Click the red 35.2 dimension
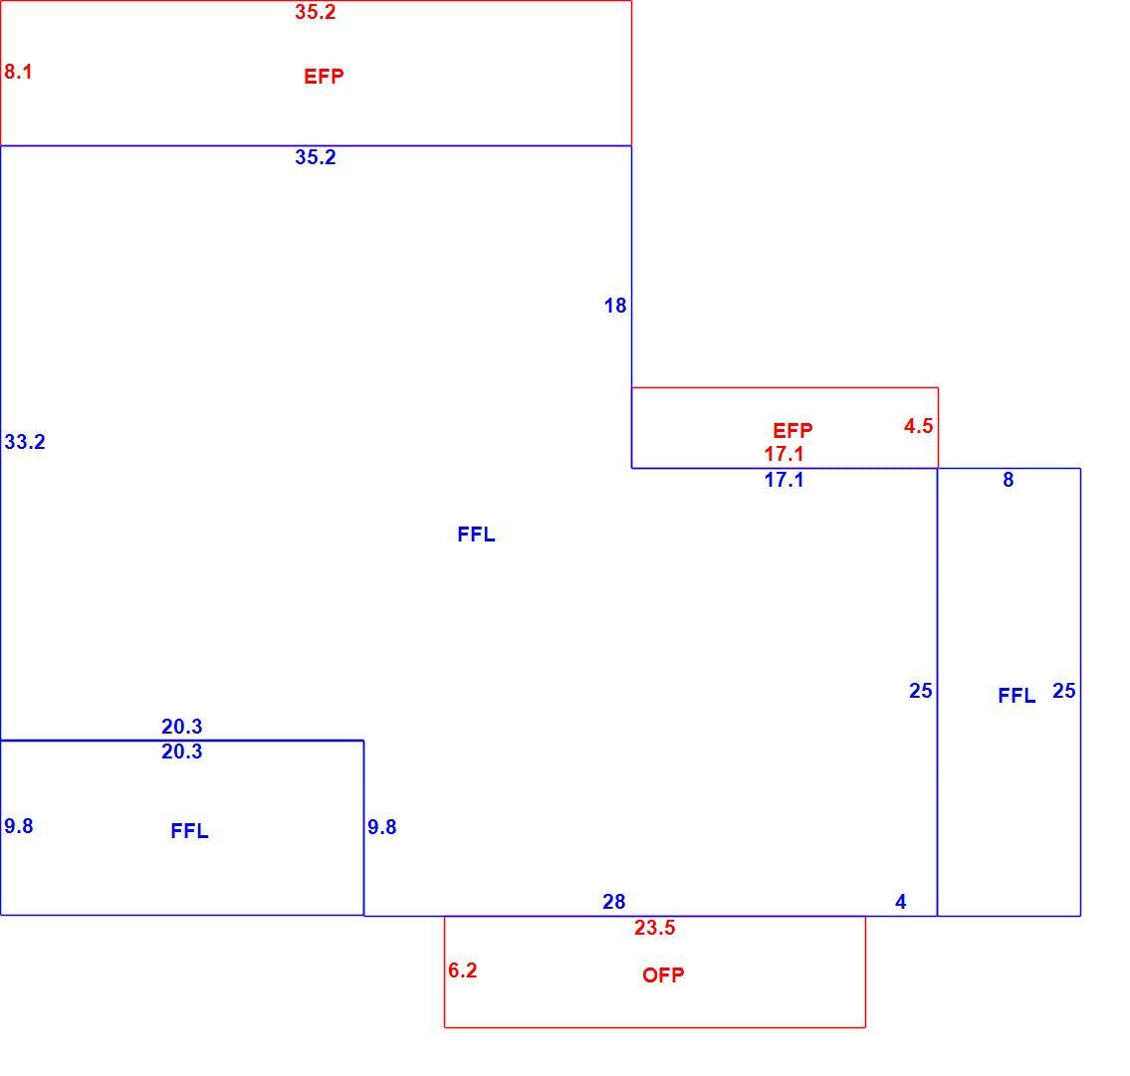[x=315, y=12]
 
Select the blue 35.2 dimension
[x=315, y=157]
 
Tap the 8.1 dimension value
[x=18, y=72]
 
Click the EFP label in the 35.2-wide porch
[x=324, y=77]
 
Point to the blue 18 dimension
[x=614, y=306]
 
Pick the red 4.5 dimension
[x=918, y=426]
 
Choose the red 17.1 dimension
[x=784, y=454]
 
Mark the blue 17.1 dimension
[x=784, y=480]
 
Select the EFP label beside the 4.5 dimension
[x=792, y=431]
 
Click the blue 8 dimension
[x=1009, y=480]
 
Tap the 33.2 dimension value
[x=25, y=442]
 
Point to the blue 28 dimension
[x=614, y=902]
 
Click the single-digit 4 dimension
[x=900, y=902]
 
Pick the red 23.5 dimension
[x=654, y=928]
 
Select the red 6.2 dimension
[x=462, y=970]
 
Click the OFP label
[x=663, y=975]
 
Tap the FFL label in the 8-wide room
[x=1017, y=696]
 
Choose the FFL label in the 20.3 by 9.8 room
[x=189, y=832]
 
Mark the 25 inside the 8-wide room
[x=1063, y=691]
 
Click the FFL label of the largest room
[x=476, y=535]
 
